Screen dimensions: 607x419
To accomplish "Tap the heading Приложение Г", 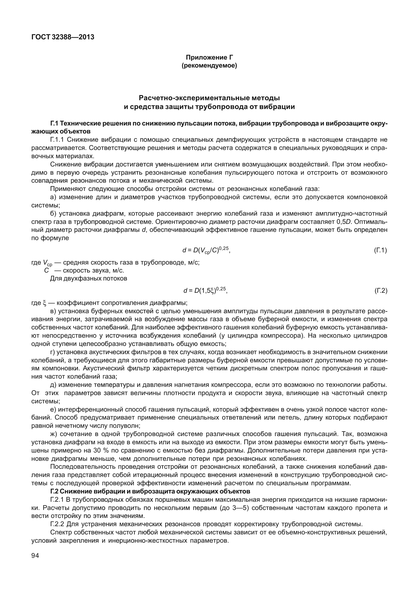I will click(209, 57).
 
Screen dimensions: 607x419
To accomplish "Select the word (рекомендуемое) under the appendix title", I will click(209, 65).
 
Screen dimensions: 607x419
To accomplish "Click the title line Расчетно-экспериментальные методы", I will click(209, 98).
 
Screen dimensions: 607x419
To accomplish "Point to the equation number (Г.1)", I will click(380, 250).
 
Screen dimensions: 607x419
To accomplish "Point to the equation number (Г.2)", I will click(380, 291).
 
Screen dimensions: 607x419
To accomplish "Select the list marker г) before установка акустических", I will click(52, 352).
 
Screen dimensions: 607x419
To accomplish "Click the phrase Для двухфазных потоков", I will click(89, 279).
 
